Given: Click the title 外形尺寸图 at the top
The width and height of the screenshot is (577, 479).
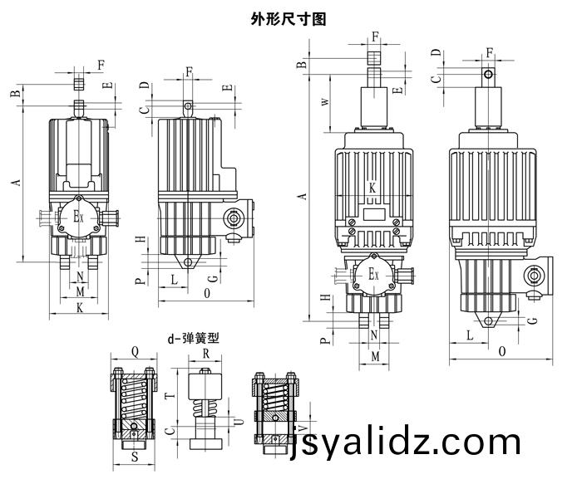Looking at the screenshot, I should click(x=288, y=18).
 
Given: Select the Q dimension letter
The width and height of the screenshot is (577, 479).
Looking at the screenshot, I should click(x=136, y=349).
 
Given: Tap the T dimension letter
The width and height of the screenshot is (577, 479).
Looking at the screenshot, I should click(x=168, y=397).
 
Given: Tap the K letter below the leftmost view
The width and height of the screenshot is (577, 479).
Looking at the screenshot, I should click(x=79, y=307).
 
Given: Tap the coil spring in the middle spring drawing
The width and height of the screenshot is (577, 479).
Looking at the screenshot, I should click(x=205, y=409).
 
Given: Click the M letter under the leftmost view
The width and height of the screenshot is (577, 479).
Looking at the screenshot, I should click(x=80, y=291).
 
